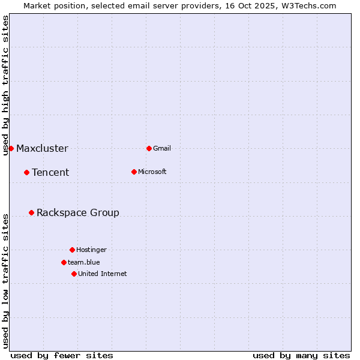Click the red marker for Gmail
(149, 148)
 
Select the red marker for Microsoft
(134, 172)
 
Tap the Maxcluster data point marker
(11, 148)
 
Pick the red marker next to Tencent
(26, 172)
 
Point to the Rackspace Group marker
(31, 212)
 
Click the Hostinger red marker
(72, 250)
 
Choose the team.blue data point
(64, 262)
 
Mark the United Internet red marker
(74, 274)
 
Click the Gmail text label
(162, 148)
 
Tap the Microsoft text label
(152, 172)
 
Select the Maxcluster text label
(42, 148)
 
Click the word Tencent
(50, 172)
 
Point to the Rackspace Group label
(78, 212)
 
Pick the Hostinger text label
(91, 250)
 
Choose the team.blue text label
(84, 262)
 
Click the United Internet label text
(102, 274)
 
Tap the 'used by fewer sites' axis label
(62, 355)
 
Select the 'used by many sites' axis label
(301, 355)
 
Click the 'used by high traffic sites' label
(5, 85)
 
